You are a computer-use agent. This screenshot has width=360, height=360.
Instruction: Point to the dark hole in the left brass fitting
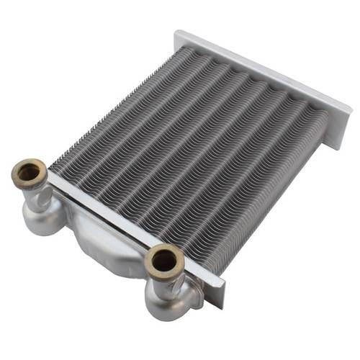coord(29,174)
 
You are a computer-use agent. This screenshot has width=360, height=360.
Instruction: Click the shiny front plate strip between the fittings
coord(101,212)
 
